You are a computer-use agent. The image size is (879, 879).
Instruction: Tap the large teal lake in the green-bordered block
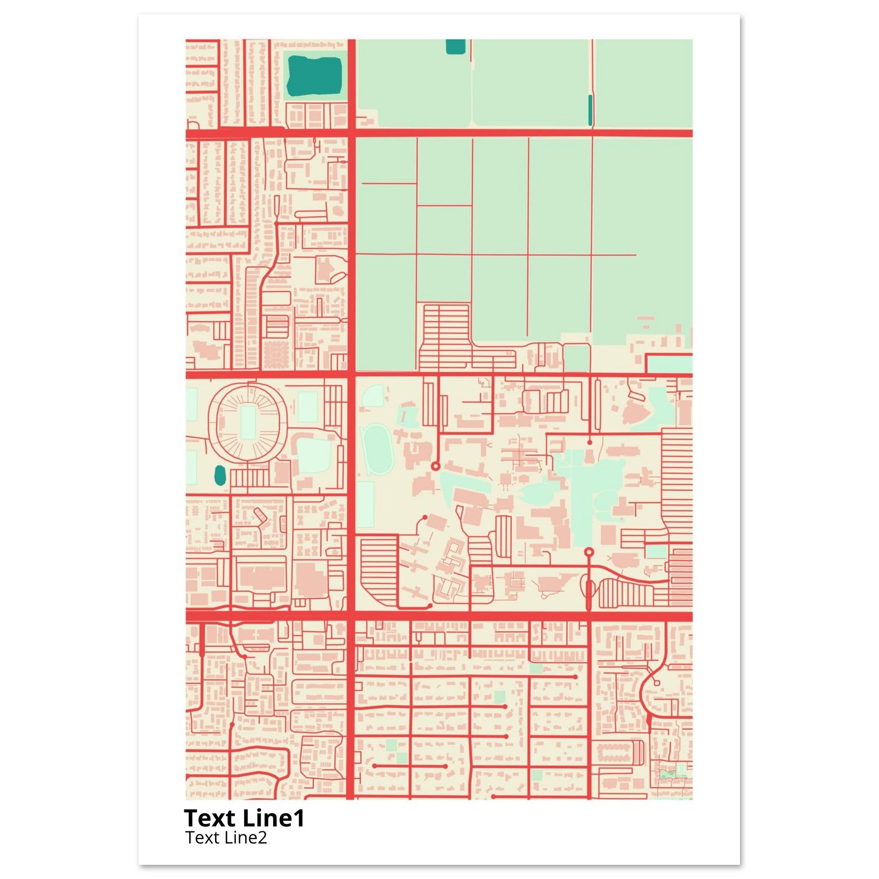315,74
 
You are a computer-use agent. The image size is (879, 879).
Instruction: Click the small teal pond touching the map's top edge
455,46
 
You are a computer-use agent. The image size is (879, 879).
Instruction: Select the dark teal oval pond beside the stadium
220,475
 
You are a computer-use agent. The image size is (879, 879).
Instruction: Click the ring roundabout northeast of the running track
435,466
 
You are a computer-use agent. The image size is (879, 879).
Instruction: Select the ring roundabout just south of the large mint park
589,552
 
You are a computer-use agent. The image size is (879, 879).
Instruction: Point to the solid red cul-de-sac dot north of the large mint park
590,442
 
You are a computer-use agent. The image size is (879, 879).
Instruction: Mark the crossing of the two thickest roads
351,616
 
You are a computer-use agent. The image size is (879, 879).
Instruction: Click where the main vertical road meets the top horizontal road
351,133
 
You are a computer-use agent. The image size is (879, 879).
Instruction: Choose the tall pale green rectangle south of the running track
365,504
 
